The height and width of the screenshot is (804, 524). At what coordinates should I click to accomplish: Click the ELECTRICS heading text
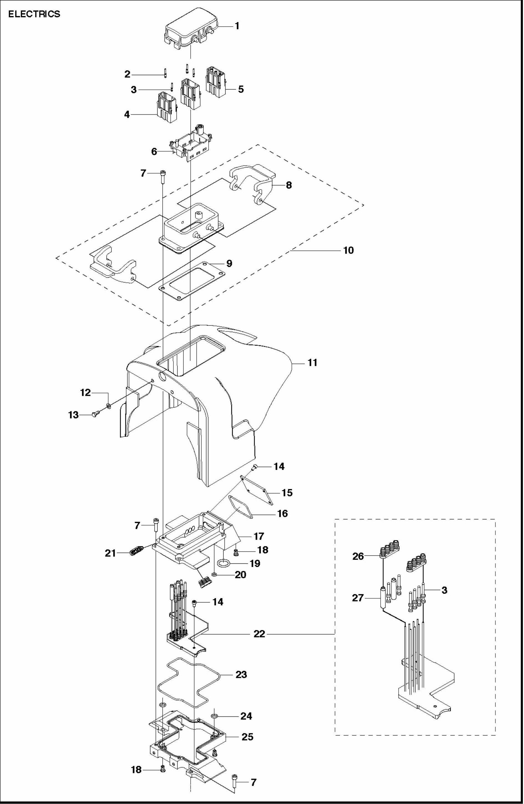point(34,14)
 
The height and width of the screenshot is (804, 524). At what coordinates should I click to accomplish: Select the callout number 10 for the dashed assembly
point(348,250)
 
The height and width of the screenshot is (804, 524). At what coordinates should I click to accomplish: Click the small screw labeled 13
point(95,415)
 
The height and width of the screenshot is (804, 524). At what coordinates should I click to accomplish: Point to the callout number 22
point(259,634)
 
